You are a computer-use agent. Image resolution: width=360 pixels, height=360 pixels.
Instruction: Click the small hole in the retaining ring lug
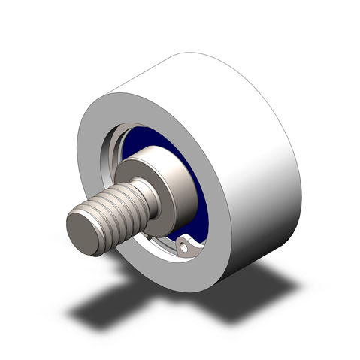coord(186,244)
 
